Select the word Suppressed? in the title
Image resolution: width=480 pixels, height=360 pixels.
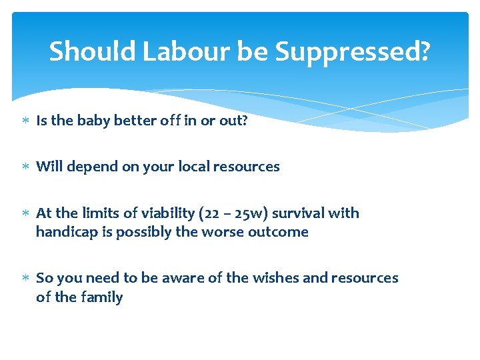(x=352, y=51)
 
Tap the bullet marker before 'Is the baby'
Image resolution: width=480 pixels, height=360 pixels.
(x=25, y=121)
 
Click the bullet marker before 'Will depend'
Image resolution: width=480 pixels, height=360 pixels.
(x=25, y=167)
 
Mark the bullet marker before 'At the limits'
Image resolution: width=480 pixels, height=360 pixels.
(x=25, y=214)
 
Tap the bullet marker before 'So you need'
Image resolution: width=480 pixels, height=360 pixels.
(x=25, y=279)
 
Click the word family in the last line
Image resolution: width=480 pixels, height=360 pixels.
(x=102, y=297)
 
